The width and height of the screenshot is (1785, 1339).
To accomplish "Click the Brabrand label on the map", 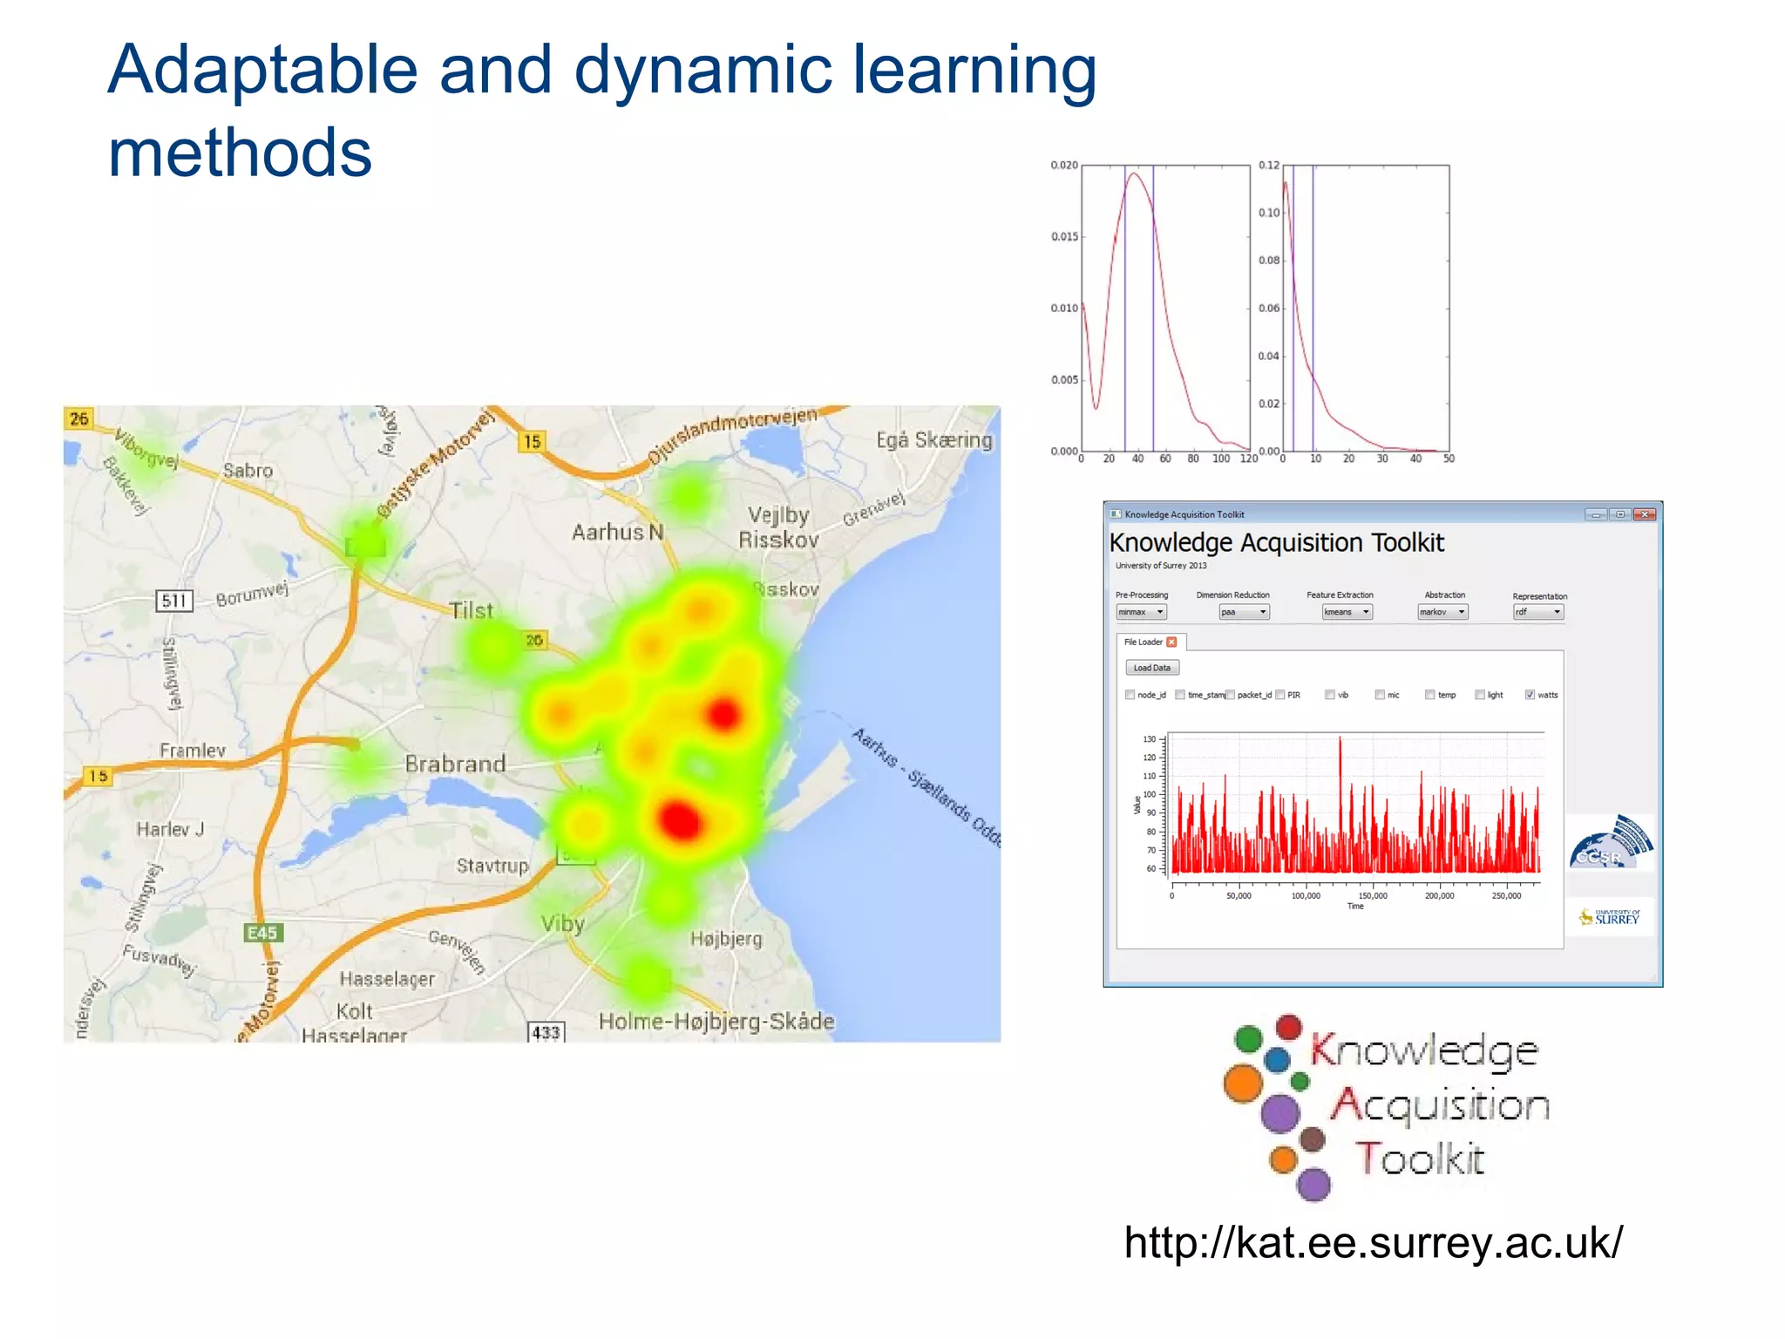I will [x=455, y=764].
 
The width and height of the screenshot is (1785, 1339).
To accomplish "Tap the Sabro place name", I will [x=248, y=471].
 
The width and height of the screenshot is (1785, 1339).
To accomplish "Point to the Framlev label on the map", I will [x=193, y=751].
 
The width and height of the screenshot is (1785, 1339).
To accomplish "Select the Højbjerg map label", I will [x=726, y=939].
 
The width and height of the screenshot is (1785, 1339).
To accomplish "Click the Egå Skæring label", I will [x=934, y=440].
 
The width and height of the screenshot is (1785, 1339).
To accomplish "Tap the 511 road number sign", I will [x=174, y=601].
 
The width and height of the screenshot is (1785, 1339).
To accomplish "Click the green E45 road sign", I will [x=262, y=933].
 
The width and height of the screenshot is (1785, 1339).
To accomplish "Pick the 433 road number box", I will [x=546, y=1033].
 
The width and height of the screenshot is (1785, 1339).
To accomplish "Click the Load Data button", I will [x=1152, y=668].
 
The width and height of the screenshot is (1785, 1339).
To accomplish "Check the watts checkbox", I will [x=1530, y=695].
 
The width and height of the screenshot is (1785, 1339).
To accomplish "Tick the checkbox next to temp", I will [x=1430, y=695].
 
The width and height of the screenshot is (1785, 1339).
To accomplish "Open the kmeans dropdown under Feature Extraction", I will [x=1347, y=612].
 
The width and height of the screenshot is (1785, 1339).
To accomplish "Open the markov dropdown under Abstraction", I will [x=1443, y=612].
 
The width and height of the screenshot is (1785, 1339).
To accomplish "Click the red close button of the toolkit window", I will [x=1645, y=514].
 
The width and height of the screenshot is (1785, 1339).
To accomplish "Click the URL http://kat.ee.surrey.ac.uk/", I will [x=1373, y=1242].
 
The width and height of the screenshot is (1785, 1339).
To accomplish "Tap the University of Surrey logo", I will [x=1610, y=917].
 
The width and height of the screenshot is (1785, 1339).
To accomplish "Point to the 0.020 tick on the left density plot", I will [x=1064, y=165].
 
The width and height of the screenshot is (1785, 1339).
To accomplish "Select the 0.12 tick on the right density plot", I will [x=1269, y=165].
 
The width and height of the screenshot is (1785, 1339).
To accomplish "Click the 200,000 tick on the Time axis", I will [x=1439, y=896].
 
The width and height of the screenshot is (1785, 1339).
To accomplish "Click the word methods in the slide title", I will [x=240, y=153].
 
